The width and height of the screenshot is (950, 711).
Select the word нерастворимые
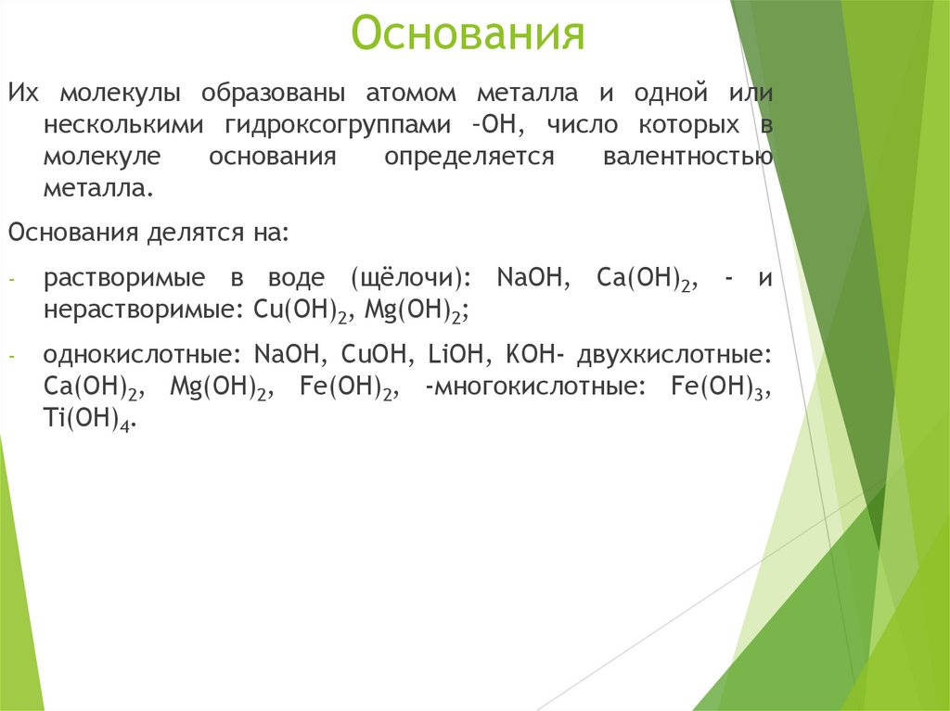(x=143, y=310)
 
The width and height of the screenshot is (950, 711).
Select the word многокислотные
(x=533, y=388)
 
